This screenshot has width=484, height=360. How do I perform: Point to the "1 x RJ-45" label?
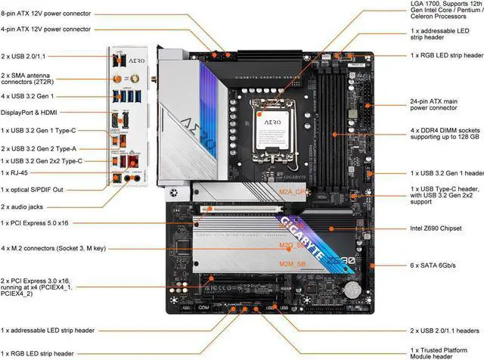point(19,173)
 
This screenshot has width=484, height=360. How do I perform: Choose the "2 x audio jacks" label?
point(27,206)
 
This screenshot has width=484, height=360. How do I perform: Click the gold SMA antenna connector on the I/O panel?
point(119,78)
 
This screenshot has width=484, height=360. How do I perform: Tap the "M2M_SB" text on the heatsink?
point(271,263)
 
